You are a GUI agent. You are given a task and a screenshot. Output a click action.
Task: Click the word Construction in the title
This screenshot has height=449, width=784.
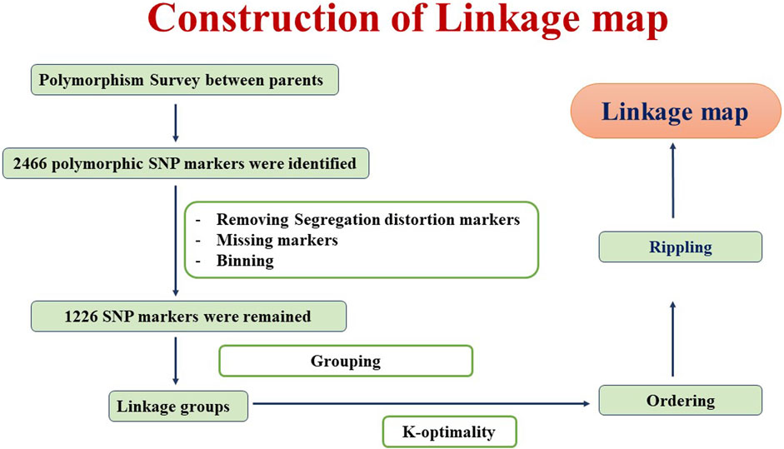264,19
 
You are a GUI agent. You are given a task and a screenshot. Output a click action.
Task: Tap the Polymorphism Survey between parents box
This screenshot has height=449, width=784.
184,80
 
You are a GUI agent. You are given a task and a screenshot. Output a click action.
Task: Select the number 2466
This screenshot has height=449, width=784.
30,163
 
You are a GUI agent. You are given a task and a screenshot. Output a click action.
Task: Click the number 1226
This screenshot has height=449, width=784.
81,317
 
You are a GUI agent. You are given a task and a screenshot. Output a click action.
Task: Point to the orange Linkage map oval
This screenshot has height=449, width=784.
676,111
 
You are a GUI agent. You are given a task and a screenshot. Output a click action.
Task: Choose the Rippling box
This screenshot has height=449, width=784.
681,247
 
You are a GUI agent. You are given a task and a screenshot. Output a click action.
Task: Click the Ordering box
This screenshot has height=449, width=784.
681,401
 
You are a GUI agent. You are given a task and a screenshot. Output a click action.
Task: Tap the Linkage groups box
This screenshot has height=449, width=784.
178,406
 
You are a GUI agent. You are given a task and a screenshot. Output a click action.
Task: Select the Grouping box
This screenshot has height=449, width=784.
346,361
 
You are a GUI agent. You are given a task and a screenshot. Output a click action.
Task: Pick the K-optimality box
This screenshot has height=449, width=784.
449,432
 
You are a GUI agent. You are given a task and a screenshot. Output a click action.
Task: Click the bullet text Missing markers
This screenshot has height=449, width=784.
277,240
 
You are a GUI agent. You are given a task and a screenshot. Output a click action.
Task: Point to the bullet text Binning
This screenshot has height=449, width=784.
245,261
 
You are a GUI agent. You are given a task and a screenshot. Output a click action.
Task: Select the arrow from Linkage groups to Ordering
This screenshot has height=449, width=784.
422,403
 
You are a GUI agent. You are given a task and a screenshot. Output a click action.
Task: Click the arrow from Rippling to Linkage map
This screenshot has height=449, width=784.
673,181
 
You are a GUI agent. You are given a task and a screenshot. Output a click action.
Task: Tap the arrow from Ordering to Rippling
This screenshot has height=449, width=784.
673,338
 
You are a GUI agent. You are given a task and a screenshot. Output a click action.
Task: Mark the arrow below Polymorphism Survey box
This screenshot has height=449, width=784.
176,123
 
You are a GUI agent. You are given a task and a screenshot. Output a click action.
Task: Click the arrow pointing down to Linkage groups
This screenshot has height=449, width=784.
176,361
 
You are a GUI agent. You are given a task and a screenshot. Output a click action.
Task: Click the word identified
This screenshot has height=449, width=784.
326,163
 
